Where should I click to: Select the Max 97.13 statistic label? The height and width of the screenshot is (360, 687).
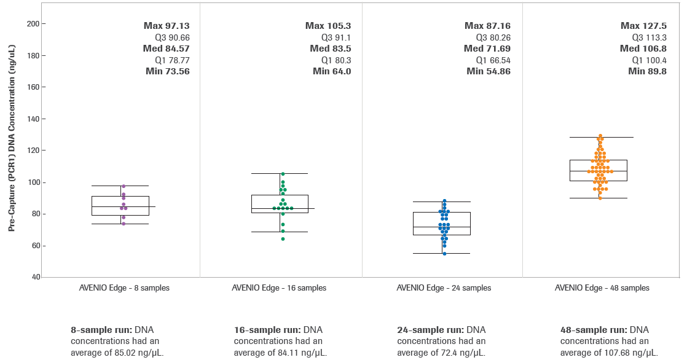[x=167, y=26]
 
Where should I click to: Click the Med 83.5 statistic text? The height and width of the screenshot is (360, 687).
[x=330, y=49]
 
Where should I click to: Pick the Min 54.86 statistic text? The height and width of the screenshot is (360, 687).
[x=489, y=71]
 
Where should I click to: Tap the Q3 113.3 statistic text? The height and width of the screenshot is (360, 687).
[x=648, y=37]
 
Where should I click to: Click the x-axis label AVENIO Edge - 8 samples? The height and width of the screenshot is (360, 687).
[x=124, y=288]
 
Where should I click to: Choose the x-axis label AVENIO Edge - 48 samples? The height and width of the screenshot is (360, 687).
[x=602, y=288]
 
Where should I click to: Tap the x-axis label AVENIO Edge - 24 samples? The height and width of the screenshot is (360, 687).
[x=444, y=288]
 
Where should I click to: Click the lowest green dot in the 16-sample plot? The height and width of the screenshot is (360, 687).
[x=283, y=239]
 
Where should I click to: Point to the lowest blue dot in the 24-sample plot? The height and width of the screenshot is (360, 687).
[x=444, y=253]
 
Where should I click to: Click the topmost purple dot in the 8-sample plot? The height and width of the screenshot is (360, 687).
[x=124, y=186]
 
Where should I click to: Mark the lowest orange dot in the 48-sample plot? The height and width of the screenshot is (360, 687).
[x=600, y=198]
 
